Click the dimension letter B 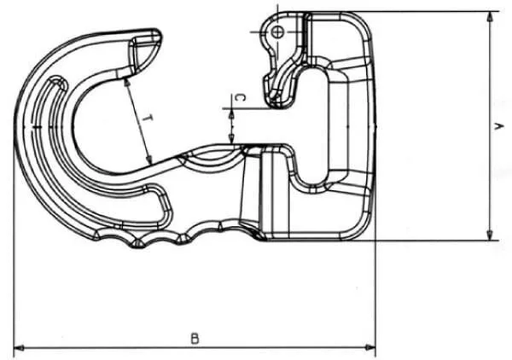195,339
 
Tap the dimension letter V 498,126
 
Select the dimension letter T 148,119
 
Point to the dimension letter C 241,97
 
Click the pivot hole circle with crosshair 278,32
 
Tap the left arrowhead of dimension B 19,348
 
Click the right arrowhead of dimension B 370,348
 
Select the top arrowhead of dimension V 489,17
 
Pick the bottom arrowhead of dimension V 489,235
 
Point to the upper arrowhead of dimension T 127,81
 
